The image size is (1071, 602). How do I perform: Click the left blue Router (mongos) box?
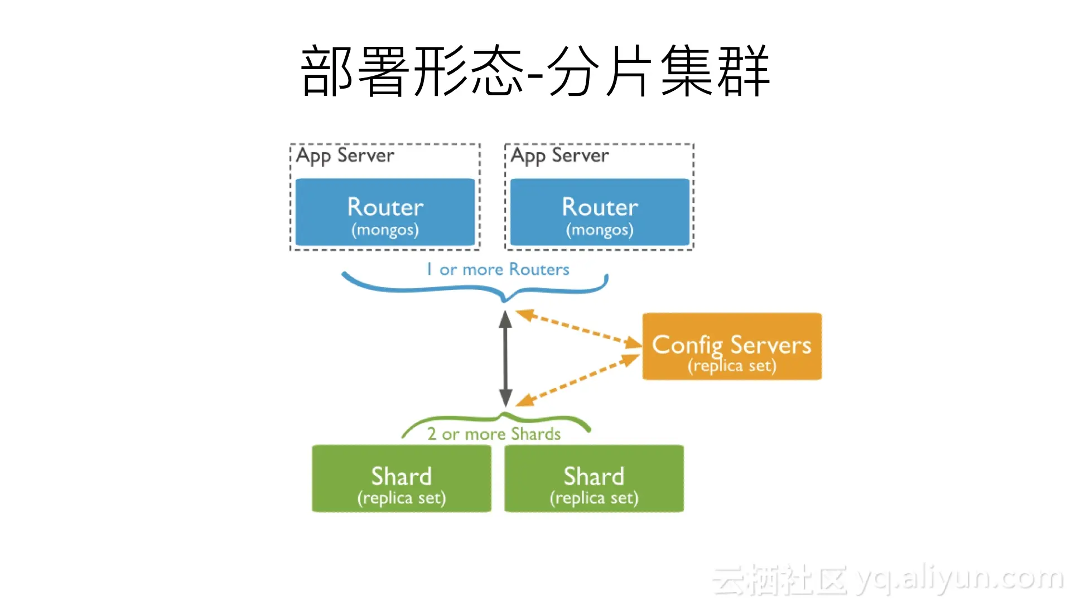pos(385,212)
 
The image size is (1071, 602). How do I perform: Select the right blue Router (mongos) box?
pos(600,212)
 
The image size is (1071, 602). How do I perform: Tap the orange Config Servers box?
pos(732,346)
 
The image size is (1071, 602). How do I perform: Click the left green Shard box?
pos(402,478)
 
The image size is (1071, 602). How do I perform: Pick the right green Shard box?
pos(594,478)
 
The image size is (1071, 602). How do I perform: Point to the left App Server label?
pos(345,156)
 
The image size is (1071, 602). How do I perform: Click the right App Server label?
pos(559,156)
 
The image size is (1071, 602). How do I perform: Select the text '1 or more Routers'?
pos(498,270)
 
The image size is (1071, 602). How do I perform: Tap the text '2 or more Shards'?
pos(494,434)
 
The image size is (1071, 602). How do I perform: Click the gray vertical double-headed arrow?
pos(505,358)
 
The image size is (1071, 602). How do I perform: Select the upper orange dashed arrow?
pos(577,328)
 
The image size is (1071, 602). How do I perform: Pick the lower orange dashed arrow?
pos(577,380)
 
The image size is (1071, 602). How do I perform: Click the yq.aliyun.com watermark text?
pos(959,579)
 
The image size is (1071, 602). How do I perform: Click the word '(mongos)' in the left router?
pos(385,230)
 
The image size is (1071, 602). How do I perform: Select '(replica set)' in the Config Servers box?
pos(732,366)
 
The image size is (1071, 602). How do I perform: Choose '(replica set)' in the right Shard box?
pos(594,498)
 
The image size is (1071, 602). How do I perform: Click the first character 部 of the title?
pos(327,71)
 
